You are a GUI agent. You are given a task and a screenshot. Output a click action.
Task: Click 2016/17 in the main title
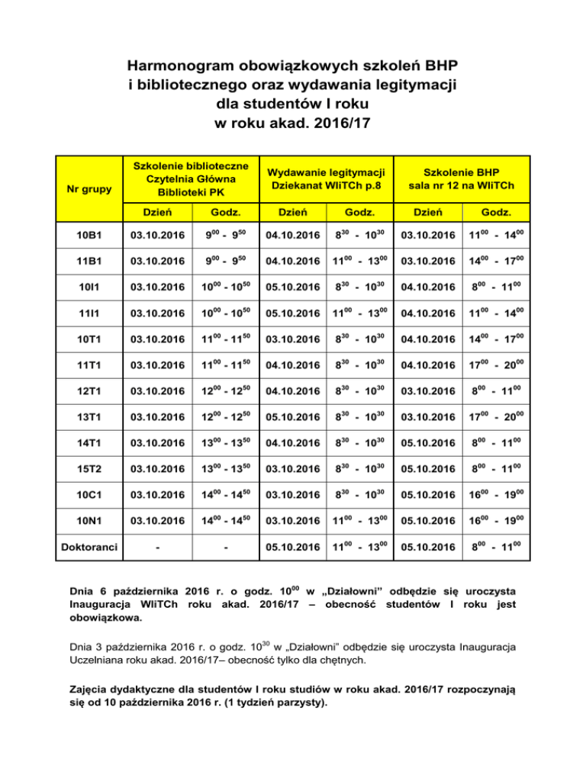(335, 120)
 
